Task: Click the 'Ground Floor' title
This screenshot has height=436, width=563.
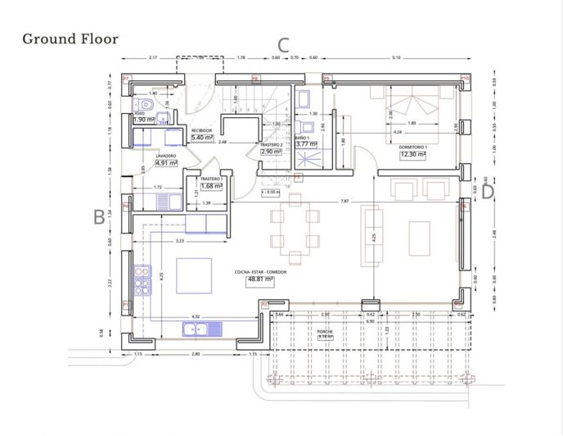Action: pos(70,39)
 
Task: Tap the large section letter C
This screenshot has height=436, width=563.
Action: pos(284,45)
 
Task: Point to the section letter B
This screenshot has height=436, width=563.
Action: pos(99,217)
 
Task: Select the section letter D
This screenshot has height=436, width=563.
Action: pos(488,193)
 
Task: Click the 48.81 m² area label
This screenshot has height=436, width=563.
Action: pos(259,279)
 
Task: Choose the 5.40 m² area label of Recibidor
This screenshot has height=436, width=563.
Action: pos(201,138)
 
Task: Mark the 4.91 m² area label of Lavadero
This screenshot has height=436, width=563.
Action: pos(166,162)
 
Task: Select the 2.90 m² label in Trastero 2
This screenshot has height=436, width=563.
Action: pos(271,152)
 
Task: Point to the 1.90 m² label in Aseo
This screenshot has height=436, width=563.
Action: pos(144,120)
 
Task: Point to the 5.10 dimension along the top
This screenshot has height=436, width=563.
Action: pos(396,58)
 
